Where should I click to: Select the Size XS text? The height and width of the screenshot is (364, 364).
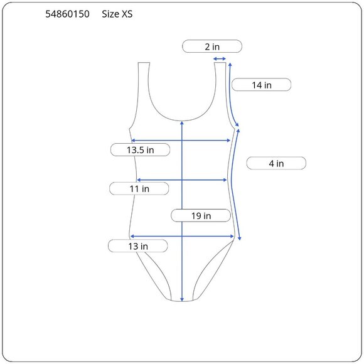pos(117,14)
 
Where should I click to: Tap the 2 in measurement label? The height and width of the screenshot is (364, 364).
pos(211,46)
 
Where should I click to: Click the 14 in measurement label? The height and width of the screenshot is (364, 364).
pos(261,85)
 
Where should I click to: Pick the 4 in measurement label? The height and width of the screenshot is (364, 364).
pos(276,163)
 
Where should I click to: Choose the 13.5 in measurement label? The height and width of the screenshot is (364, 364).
pos(140,150)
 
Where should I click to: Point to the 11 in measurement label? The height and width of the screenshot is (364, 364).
pos(139,188)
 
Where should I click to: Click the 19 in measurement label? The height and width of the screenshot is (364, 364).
pos(201,216)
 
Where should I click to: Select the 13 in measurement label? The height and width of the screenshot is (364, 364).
pos(137,246)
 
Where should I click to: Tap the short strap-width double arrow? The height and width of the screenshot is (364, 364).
pos(220,60)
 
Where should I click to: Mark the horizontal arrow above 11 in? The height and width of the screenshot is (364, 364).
pos(182,180)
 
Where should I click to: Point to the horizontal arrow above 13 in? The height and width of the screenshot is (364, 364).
pos(182,237)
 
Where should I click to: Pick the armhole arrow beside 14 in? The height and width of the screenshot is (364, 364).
pos(233,94)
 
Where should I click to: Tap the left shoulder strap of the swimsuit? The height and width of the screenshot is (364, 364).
pos(144,82)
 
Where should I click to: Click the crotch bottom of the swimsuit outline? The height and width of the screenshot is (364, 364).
pos(181,301)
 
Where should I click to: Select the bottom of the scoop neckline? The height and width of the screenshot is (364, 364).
pos(181,119)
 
